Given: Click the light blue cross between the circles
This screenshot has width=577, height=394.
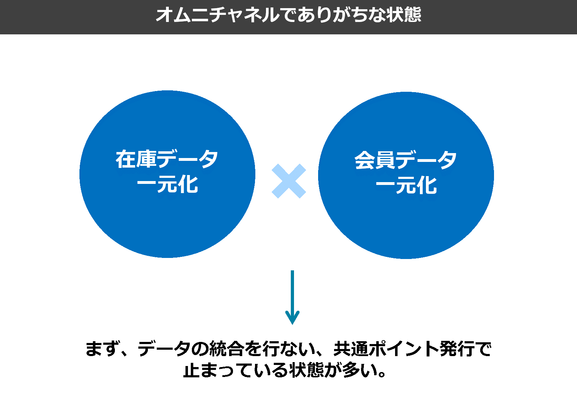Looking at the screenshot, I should coord(289,181).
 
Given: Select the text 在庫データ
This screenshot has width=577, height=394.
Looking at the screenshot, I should coord(167,159).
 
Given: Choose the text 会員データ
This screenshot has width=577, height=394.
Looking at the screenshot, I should coord(406,160).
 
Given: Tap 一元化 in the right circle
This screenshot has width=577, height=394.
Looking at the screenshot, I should coord(406,185).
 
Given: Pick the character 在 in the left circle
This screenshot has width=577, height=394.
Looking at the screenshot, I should coord(126,159).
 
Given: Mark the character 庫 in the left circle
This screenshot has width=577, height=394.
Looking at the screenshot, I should coord(146,159).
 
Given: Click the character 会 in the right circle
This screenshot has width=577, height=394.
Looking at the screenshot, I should coord(365,160).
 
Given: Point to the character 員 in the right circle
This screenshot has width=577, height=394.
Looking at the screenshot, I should coord(385,160).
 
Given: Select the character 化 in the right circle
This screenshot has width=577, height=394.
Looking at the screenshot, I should coord(427,185).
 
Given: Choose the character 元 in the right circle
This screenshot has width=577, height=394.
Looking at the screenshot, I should coord(406,185).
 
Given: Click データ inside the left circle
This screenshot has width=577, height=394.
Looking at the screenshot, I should coord(188,159).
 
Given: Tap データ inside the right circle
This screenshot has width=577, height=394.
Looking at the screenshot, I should coord(426,160).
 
